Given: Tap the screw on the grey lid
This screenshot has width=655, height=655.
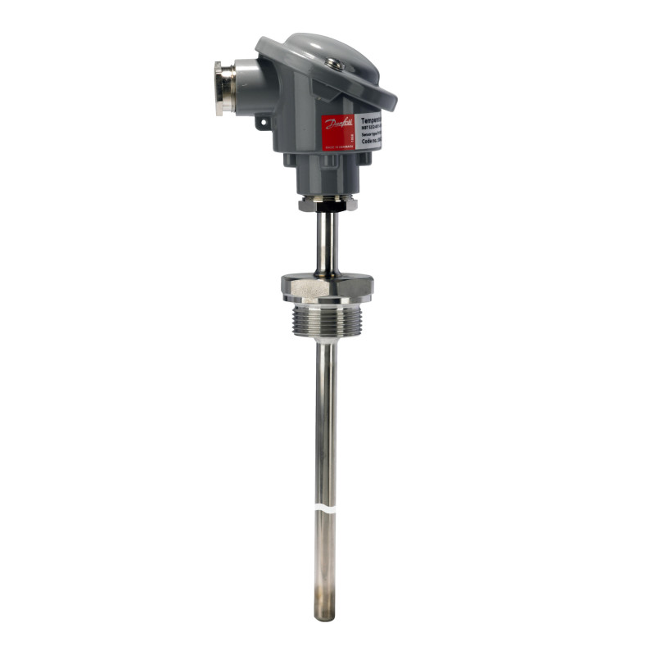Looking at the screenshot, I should pyautogui.click(x=332, y=62).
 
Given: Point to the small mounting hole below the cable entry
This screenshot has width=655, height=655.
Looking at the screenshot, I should pyautogui.click(x=263, y=122).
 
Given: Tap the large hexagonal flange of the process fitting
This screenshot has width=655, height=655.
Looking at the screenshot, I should pyautogui.click(x=327, y=287).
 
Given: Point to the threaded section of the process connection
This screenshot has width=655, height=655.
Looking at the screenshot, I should pyautogui.click(x=327, y=321).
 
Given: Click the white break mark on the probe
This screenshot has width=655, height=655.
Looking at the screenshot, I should pyautogui.click(x=326, y=509).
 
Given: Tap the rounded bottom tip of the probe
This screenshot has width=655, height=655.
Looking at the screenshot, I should pyautogui.click(x=325, y=616).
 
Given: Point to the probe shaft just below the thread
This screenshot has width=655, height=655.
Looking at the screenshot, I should pyautogui.click(x=326, y=368).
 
